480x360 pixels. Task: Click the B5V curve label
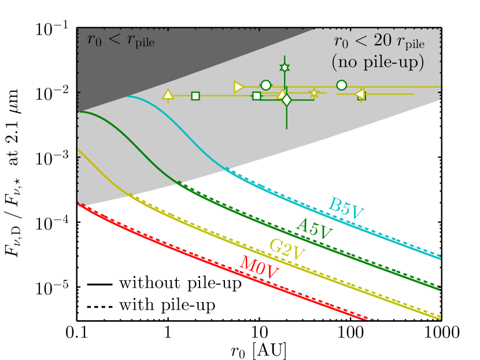pyautogui.click(x=347, y=209)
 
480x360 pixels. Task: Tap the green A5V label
pyautogui.click(x=315, y=229)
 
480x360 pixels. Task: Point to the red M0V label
pyautogui.click(x=257, y=268)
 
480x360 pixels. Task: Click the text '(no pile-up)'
pyautogui.click(x=378, y=62)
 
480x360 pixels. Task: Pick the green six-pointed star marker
pyautogui.click(x=285, y=68)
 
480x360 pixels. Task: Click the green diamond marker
pyautogui.click(x=286, y=100)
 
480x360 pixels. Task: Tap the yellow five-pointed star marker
pyautogui.click(x=314, y=93)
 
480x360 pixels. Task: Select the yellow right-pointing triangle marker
pyautogui.click(x=239, y=87)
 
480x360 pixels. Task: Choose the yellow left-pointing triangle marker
pyautogui.click(x=359, y=94)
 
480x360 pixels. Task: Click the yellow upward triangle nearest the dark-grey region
pyautogui.click(x=168, y=95)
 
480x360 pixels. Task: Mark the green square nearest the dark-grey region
pyautogui.click(x=195, y=96)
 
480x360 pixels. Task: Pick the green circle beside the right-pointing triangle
pyautogui.click(x=265, y=85)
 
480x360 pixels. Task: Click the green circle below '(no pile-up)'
pyautogui.click(x=341, y=85)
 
